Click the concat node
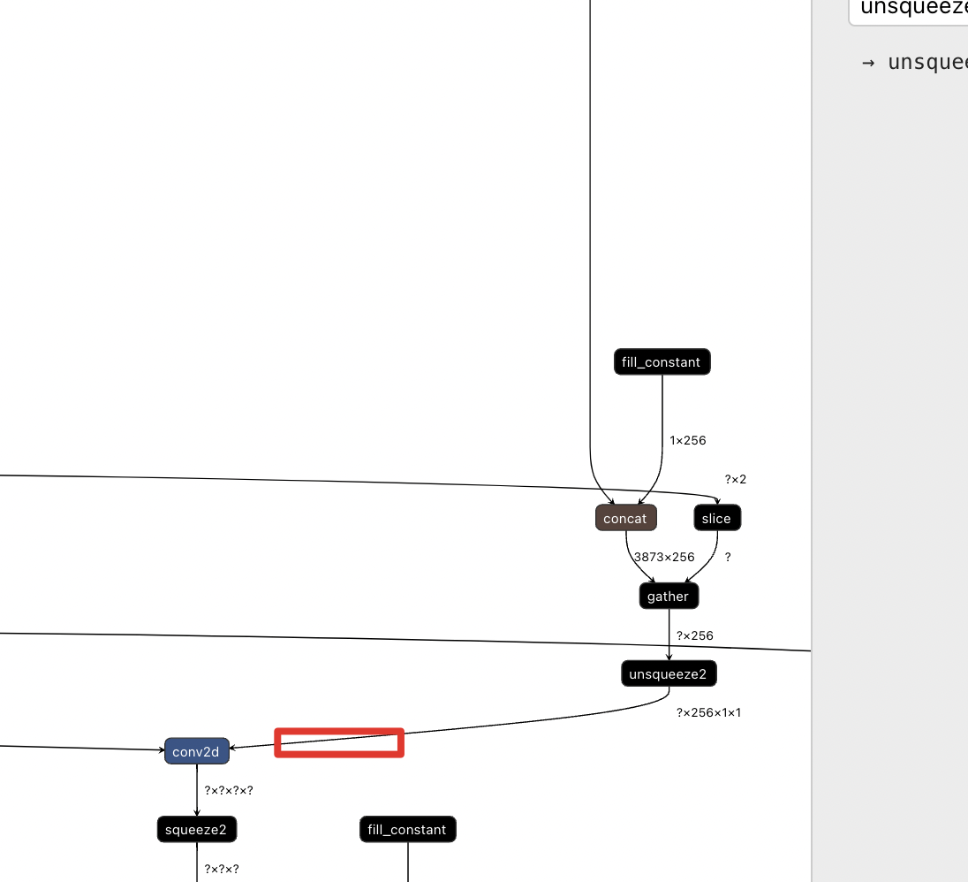pyautogui.click(x=626, y=519)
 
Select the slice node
pyautogui.click(x=716, y=519)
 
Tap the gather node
pyautogui.click(x=669, y=597)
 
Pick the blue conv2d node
pyautogui.click(x=196, y=752)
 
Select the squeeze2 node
pyautogui.click(x=196, y=830)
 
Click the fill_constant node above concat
pyautogui.click(x=662, y=362)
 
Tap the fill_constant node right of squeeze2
pyautogui.click(x=407, y=830)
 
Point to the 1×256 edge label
pyautogui.click(x=688, y=440)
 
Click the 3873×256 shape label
pyautogui.click(x=664, y=558)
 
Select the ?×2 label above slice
pyautogui.click(x=736, y=480)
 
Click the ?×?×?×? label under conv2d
pyautogui.click(x=229, y=791)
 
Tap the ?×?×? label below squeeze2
pyautogui.click(x=222, y=869)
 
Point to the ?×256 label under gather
pyautogui.click(x=694, y=636)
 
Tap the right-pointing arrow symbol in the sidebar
pyautogui.click(x=868, y=63)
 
